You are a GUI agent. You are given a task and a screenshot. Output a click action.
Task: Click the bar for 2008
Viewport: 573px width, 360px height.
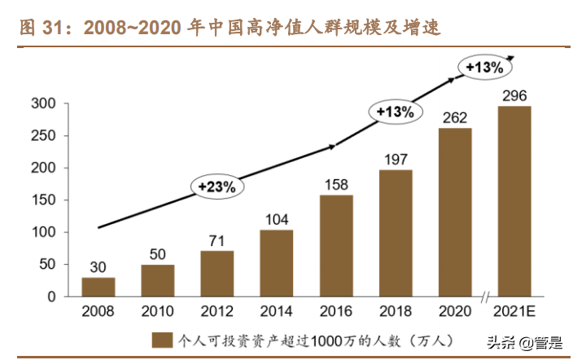click(x=98, y=287)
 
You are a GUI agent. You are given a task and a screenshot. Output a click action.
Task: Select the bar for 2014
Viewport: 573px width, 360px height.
click(x=277, y=263)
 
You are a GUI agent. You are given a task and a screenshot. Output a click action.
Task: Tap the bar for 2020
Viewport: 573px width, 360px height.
click(x=455, y=212)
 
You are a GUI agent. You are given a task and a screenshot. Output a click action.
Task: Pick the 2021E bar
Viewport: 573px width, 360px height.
click(x=514, y=201)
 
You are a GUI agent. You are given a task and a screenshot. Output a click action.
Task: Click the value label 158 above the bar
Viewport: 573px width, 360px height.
click(x=336, y=185)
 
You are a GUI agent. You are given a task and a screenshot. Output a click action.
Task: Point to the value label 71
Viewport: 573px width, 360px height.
click(x=217, y=240)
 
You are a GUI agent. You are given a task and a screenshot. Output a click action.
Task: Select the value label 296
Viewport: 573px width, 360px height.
click(x=514, y=96)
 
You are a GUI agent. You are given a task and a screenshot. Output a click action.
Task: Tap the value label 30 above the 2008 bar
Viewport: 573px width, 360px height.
click(x=98, y=266)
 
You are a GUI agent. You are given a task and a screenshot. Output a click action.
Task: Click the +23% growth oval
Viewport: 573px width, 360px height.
click(x=217, y=187)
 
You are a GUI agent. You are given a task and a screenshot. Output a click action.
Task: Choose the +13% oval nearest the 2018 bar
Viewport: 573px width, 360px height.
click(x=396, y=112)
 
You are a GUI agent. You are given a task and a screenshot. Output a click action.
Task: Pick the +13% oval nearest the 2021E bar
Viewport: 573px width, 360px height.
click(x=483, y=68)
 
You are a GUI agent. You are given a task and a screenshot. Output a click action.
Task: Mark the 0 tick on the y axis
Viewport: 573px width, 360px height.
click(x=50, y=296)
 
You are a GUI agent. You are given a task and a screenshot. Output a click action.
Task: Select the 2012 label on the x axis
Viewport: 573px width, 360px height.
click(x=217, y=312)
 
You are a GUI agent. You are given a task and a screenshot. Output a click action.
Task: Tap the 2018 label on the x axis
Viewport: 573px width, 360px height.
click(x=396, y=312)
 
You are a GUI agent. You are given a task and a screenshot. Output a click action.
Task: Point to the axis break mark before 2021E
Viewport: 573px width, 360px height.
click(x=485, y=296)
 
